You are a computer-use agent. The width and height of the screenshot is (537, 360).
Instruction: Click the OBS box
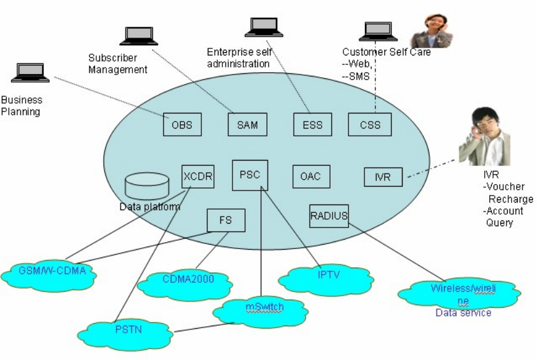click(x=182, y=125)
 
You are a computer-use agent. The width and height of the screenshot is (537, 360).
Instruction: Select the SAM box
click(x=247, y=125)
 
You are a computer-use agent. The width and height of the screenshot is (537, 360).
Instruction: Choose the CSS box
click(x=369, y=125)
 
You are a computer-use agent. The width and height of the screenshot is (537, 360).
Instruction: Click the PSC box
click(x=250, y=175)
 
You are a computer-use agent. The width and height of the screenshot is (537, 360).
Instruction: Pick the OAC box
click(x=311, y=176)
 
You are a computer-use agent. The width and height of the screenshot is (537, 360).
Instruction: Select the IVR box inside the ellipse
click(x=383, y=177)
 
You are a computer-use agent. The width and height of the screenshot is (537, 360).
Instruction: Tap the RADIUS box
click(x=329, y=216)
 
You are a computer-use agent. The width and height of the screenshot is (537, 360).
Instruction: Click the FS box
click(x=226, y=220)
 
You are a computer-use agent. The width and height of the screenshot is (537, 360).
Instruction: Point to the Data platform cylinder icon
click(x=147, y=185)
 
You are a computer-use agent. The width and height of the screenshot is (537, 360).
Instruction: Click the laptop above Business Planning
click(x=30, y=73)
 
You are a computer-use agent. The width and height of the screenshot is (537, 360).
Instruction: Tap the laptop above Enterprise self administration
click(x=264, y=27)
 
